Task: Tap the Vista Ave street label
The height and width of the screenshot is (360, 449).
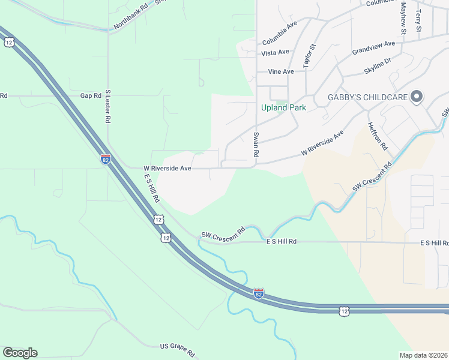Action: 276,53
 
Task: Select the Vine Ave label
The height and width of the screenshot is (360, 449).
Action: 281,72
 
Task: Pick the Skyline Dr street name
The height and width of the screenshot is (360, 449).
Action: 377,67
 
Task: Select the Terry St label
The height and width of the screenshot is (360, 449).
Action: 418,20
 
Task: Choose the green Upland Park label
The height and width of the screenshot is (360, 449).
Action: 283,108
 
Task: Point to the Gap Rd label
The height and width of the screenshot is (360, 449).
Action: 91,96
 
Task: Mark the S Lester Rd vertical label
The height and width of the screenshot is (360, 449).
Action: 108,106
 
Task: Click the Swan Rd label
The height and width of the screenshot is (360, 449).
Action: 256,145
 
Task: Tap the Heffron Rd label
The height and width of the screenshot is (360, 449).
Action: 376,136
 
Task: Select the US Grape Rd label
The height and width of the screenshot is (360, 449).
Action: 178,350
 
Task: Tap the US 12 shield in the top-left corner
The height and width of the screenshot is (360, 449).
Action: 8,42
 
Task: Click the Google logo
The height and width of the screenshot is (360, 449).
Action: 20,353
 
